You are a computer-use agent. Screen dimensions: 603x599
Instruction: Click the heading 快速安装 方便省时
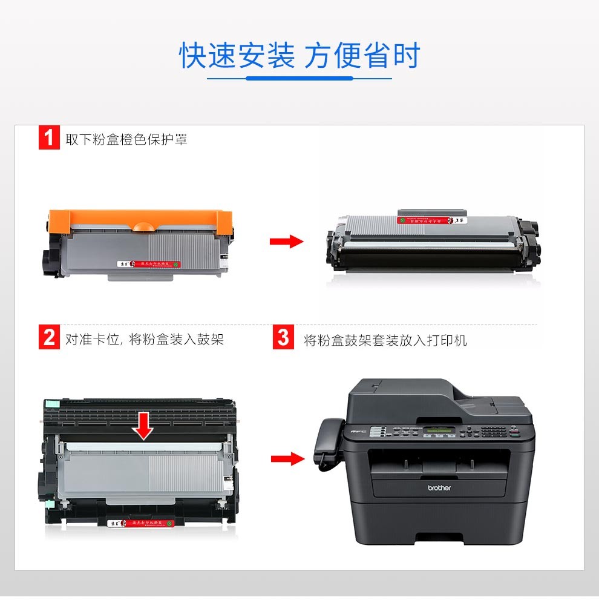(299, 56)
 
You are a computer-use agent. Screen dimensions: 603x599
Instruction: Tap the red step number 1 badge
(49, 139)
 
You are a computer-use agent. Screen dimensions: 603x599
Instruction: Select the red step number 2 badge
(49, 338)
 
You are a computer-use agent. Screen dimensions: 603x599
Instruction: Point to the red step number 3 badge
(283, 338)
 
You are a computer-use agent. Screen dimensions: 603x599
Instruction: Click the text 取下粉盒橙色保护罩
(126, 139)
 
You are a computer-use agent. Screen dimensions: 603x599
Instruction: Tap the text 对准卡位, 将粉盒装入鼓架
(145, 339)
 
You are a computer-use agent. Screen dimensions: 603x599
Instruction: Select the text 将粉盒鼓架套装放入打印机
(385, 340)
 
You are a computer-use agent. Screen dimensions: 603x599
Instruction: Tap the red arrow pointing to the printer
(287, 459)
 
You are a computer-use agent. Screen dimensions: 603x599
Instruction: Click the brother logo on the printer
(439, 488)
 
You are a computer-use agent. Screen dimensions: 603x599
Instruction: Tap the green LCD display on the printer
(439, 431)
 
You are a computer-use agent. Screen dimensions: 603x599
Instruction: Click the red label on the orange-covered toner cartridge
(149, 264)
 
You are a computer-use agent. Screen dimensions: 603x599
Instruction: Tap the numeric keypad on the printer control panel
(493, 431)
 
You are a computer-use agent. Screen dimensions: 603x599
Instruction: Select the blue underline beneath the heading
(299, 78)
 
